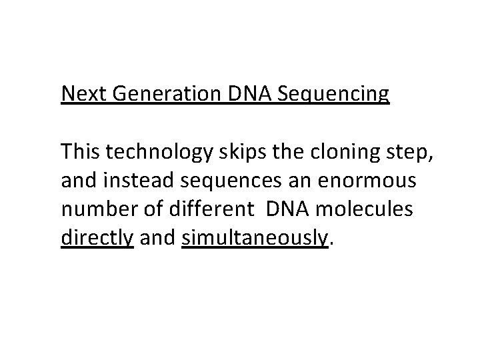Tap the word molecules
click(x=374, y=209)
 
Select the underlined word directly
click(x=97, y=238)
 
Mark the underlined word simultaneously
click(x=255, y=238)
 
